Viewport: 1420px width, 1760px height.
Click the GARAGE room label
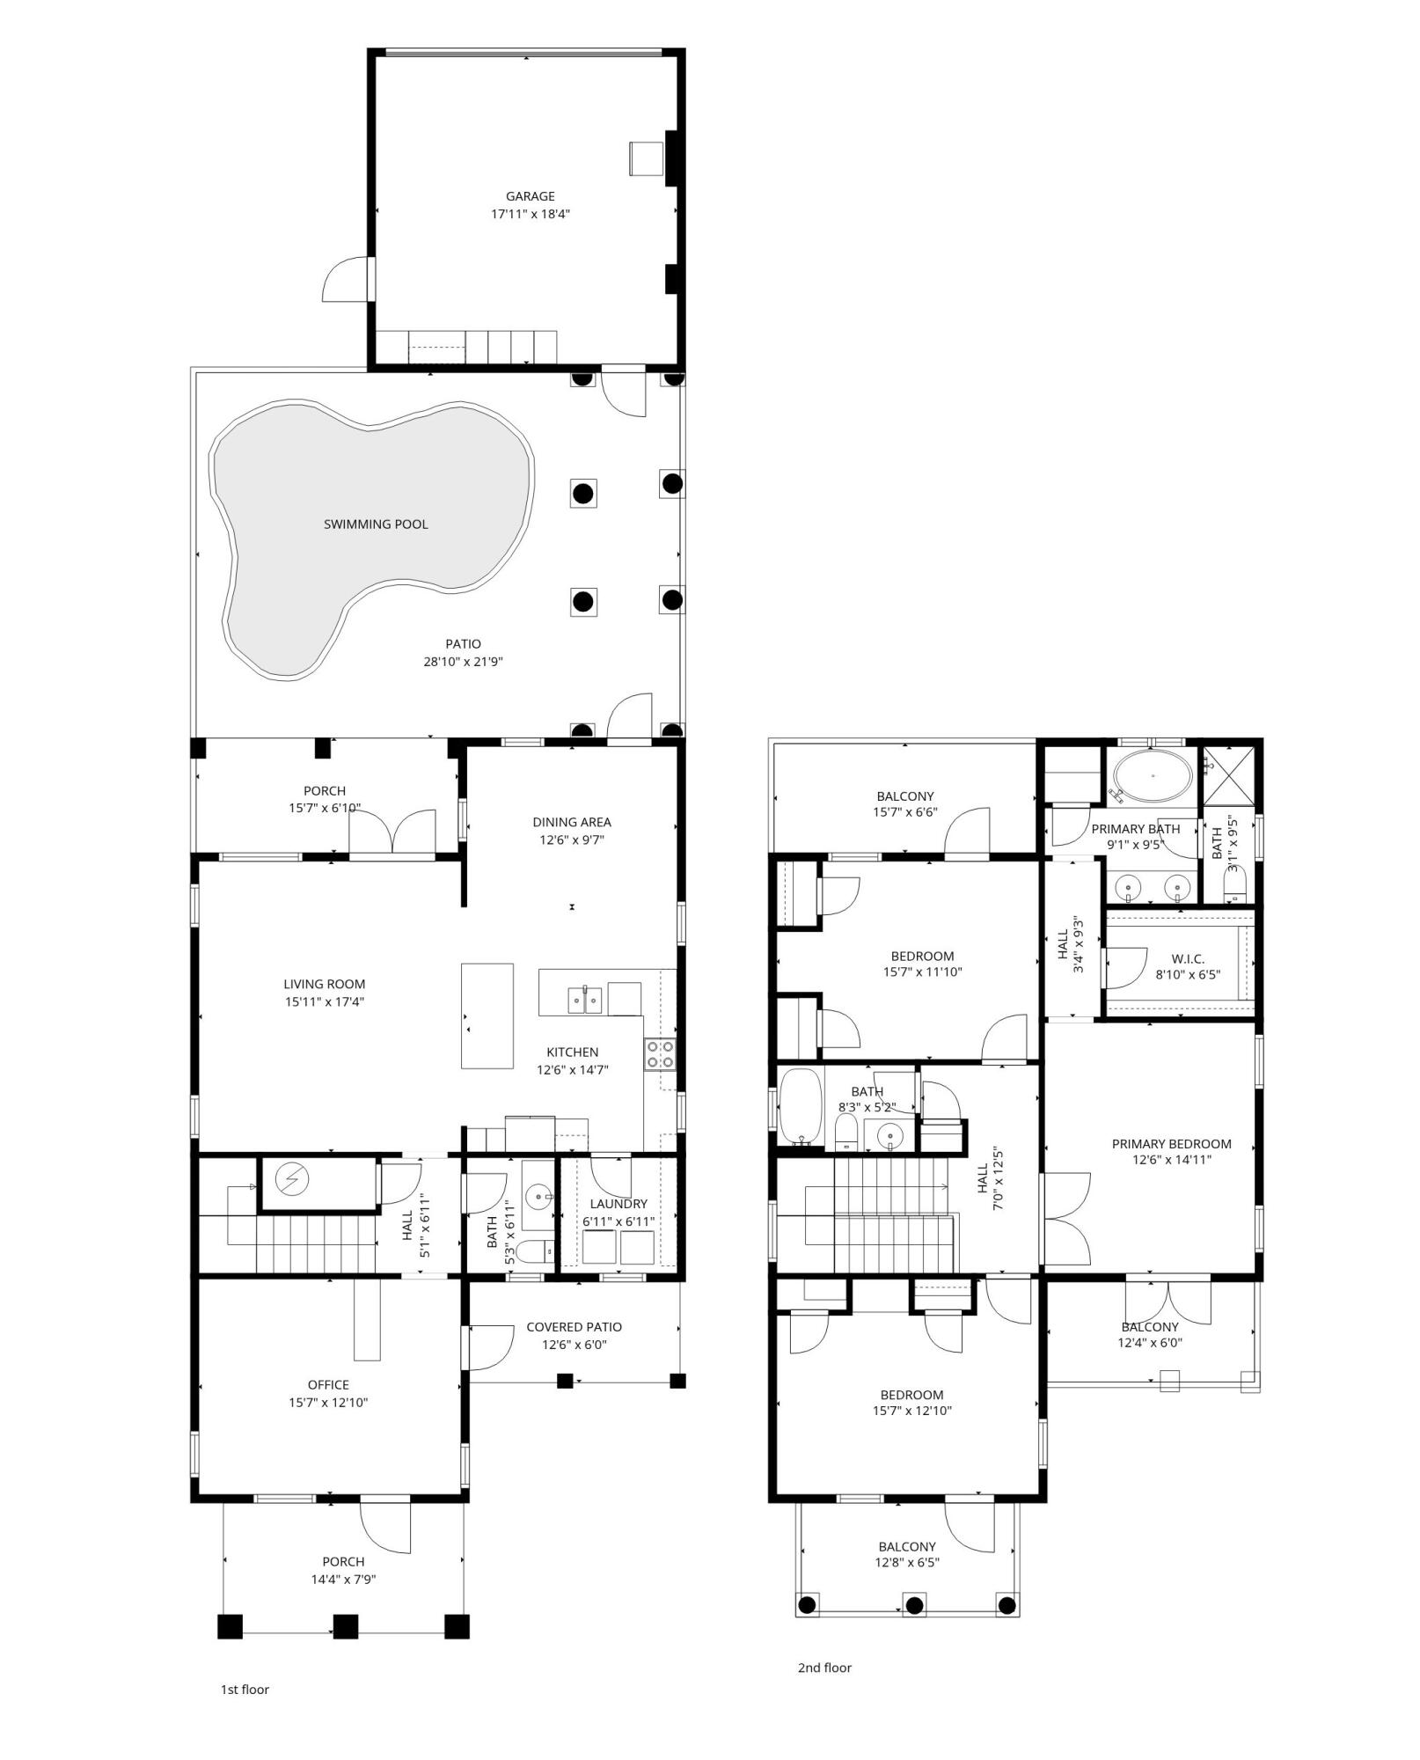point(530,196)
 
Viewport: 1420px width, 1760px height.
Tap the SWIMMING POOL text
point(376,524)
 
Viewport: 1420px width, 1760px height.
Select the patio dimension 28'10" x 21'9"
point(463,662)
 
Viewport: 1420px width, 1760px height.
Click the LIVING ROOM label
point(324,984)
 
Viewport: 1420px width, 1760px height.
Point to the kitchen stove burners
point(661,1054)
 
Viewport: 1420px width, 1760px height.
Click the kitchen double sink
point(584,1001)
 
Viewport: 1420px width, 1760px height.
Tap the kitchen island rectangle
point(487,1016)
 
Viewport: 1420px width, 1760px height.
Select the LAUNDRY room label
point(619,1204)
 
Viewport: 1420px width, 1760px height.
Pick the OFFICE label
point(328,1385)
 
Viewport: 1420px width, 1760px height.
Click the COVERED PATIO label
point(574,1327)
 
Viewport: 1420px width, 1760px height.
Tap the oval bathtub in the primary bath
point(1153,777)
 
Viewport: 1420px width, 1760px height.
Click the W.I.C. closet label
point(1188,958)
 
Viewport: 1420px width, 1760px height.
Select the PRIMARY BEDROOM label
point(1171,1144)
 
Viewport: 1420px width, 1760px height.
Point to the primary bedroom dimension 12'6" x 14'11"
point(1171,1160)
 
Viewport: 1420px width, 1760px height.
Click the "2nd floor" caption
point(824,1668)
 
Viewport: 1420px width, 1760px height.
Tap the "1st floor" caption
point(245,1690)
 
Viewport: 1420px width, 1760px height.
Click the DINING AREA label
point(571,822)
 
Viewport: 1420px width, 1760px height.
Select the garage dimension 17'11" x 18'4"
point(530,213)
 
